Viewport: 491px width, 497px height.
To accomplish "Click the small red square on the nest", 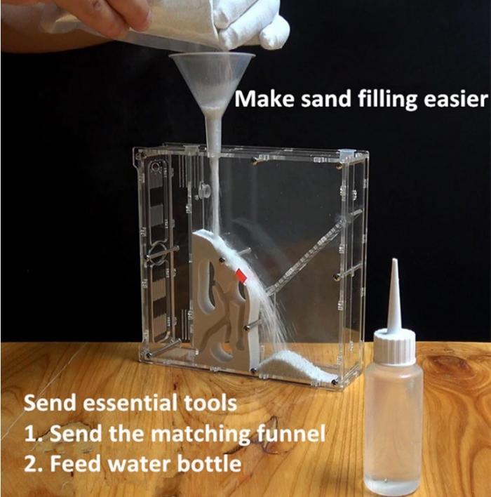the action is coord(241,275).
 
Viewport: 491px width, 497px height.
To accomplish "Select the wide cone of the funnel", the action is coord(212,79).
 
